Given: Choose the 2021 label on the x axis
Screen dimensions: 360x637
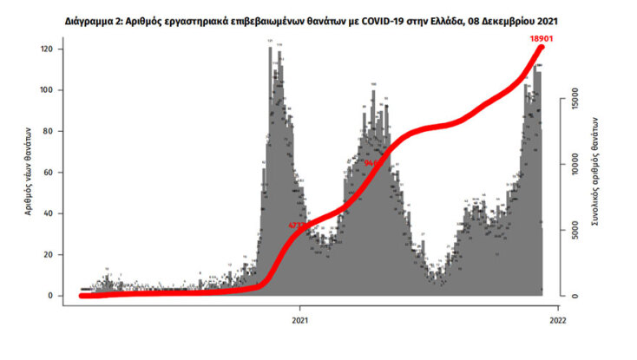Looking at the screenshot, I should [x=300, y=317].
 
